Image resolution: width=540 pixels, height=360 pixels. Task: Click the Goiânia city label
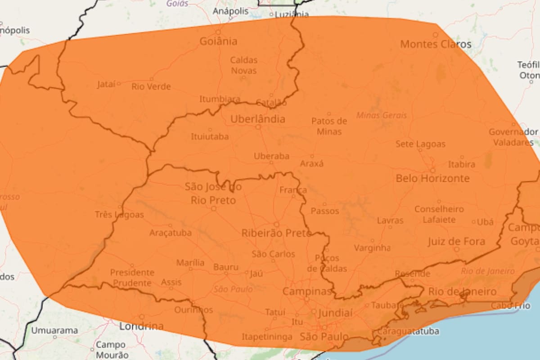(218, 41)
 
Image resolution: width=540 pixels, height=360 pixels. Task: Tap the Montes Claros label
(436, 44)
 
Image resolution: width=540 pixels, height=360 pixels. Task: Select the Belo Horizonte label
(432, 179)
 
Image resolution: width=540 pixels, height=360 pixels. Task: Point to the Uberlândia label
(258, 119)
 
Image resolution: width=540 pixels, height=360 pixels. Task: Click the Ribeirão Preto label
(276, 233)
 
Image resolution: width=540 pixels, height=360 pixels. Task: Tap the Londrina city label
(141, 326)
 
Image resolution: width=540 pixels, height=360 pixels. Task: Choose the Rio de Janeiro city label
(462, 292)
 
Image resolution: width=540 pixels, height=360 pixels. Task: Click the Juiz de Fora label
(456, 242)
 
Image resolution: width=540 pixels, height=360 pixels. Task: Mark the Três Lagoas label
(119, 215)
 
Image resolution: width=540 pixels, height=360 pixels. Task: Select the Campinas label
(307, 291)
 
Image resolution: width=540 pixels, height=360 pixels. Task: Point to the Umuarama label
(54, 330)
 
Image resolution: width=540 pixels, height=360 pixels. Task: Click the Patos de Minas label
(329, 126)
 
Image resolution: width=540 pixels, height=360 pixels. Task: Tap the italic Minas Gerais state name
(382, 115)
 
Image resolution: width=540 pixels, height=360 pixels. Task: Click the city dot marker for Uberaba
(271, 162)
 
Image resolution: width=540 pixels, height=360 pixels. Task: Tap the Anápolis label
(230, 11)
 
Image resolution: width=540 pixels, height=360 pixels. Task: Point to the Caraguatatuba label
(401, 332)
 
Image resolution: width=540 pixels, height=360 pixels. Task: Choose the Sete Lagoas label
(420, 144)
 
